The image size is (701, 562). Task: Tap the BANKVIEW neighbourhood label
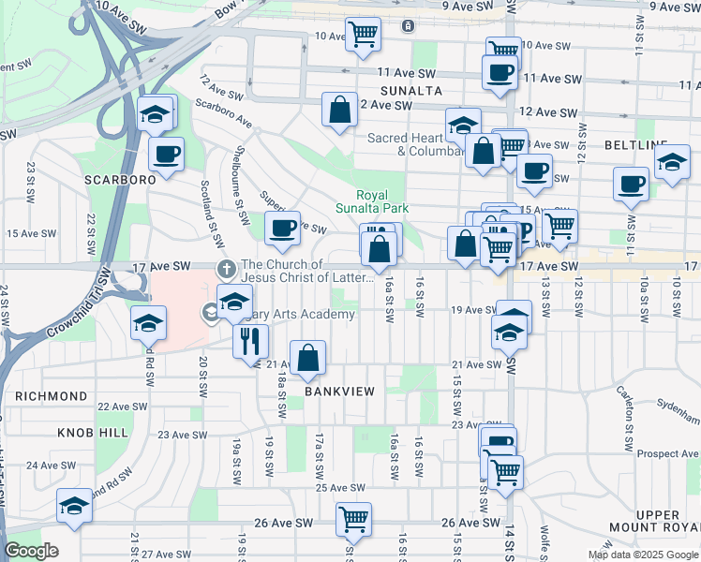(339, 391)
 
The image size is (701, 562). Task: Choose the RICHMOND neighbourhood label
(52, 396)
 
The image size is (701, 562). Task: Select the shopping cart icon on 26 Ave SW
(353, 518)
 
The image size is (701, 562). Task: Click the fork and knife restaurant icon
(251, 340)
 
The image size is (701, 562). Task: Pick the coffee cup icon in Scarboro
(166, 154)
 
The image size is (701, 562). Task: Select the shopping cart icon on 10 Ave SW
(363, 34)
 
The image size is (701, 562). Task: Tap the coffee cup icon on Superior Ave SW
(282, 227)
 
